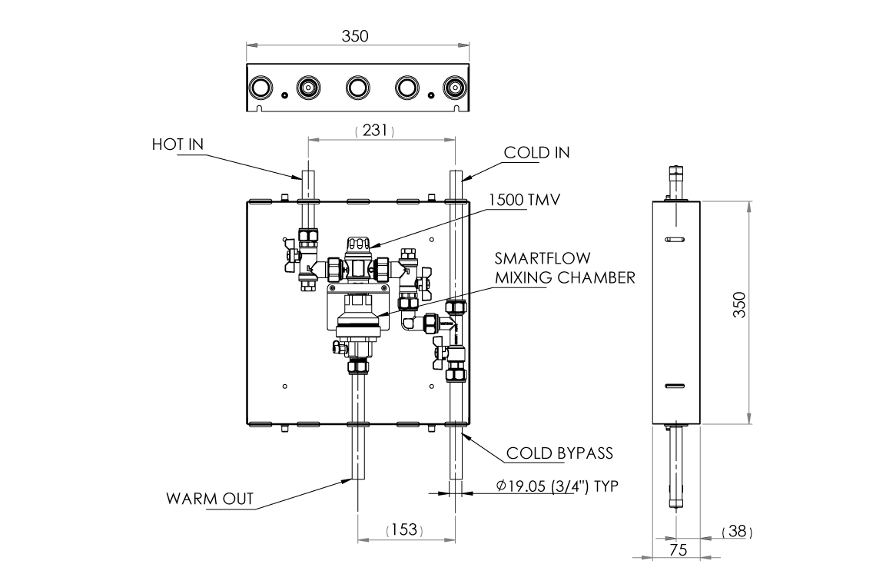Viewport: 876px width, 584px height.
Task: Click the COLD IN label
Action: coord(536,152)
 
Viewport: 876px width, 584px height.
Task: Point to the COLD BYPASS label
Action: coord(559,453)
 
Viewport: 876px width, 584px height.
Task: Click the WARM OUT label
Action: coord(210,499)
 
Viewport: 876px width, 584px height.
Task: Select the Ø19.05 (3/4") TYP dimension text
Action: coord(557,486)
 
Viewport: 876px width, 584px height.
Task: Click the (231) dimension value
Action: coord(374,131)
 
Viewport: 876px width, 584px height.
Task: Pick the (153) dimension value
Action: coord(403,529)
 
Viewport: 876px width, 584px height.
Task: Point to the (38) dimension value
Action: coord(737,531)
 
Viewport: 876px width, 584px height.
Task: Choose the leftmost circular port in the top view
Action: coord(260,88)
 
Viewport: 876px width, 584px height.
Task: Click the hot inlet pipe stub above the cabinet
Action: coord(306,184)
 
